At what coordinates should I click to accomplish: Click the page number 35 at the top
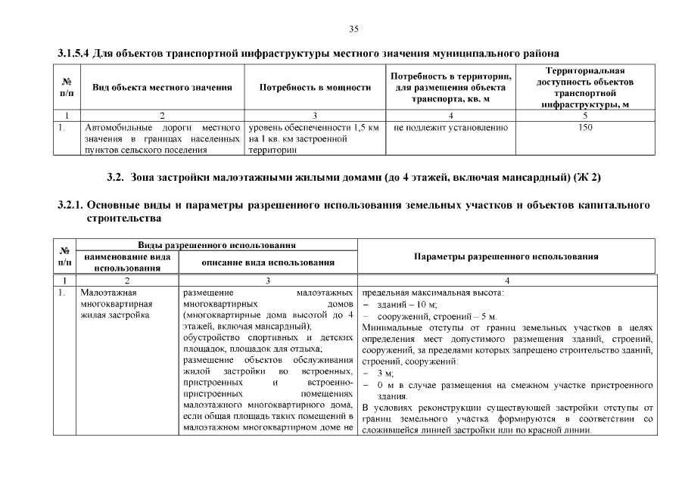353,29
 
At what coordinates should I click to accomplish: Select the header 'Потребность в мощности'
315,88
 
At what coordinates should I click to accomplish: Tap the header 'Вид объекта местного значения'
162,88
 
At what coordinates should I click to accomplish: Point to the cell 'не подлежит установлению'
450,128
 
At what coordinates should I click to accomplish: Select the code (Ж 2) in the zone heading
585,178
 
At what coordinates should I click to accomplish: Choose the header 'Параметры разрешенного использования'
506,256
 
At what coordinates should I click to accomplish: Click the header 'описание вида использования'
268,262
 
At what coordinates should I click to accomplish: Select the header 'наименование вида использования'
127,262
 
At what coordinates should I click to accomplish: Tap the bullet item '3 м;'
385,374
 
